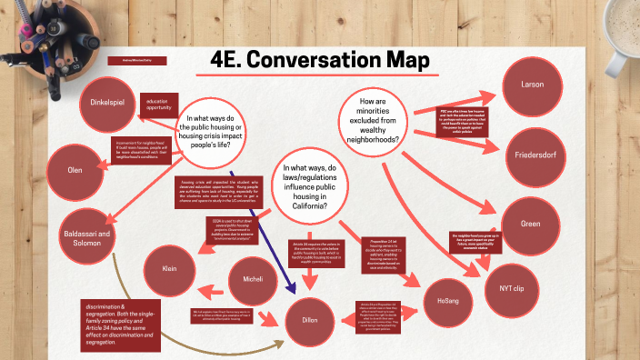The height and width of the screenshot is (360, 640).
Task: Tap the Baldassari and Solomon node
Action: [x=90, y=239]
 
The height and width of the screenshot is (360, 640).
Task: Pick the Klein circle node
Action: [x=170, y=270]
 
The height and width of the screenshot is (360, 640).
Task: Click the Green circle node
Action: [x=530, y=224]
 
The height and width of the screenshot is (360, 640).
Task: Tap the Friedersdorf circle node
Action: [x=536, y=155]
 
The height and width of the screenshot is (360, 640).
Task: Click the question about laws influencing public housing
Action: [x=312, y=188]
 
